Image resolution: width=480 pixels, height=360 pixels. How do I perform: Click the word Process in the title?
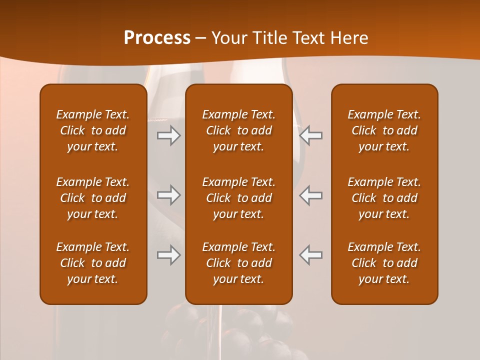(157, 37)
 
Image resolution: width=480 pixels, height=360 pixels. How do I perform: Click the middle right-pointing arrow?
(169, 195)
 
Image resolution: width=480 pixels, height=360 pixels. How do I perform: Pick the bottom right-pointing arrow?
(169, 255)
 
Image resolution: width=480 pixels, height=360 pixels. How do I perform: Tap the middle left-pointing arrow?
(310, 195)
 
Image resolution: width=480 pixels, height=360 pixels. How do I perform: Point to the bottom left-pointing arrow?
(310, 255)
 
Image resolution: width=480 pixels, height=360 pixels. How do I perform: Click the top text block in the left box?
(93, 130)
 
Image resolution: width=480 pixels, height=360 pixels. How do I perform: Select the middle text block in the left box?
(93, 198)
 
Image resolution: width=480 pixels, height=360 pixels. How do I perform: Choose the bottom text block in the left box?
(93, 263)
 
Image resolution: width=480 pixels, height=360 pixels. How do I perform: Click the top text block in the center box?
(239, 130)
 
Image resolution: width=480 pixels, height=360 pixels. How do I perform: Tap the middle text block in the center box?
(239, 198)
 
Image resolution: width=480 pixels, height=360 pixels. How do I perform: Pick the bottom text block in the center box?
(239, 263)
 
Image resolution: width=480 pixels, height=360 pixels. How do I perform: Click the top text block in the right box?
(384, 130)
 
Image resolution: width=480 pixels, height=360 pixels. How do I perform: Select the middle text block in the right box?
(384, 198)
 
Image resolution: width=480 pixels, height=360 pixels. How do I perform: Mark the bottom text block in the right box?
(384, 263)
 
